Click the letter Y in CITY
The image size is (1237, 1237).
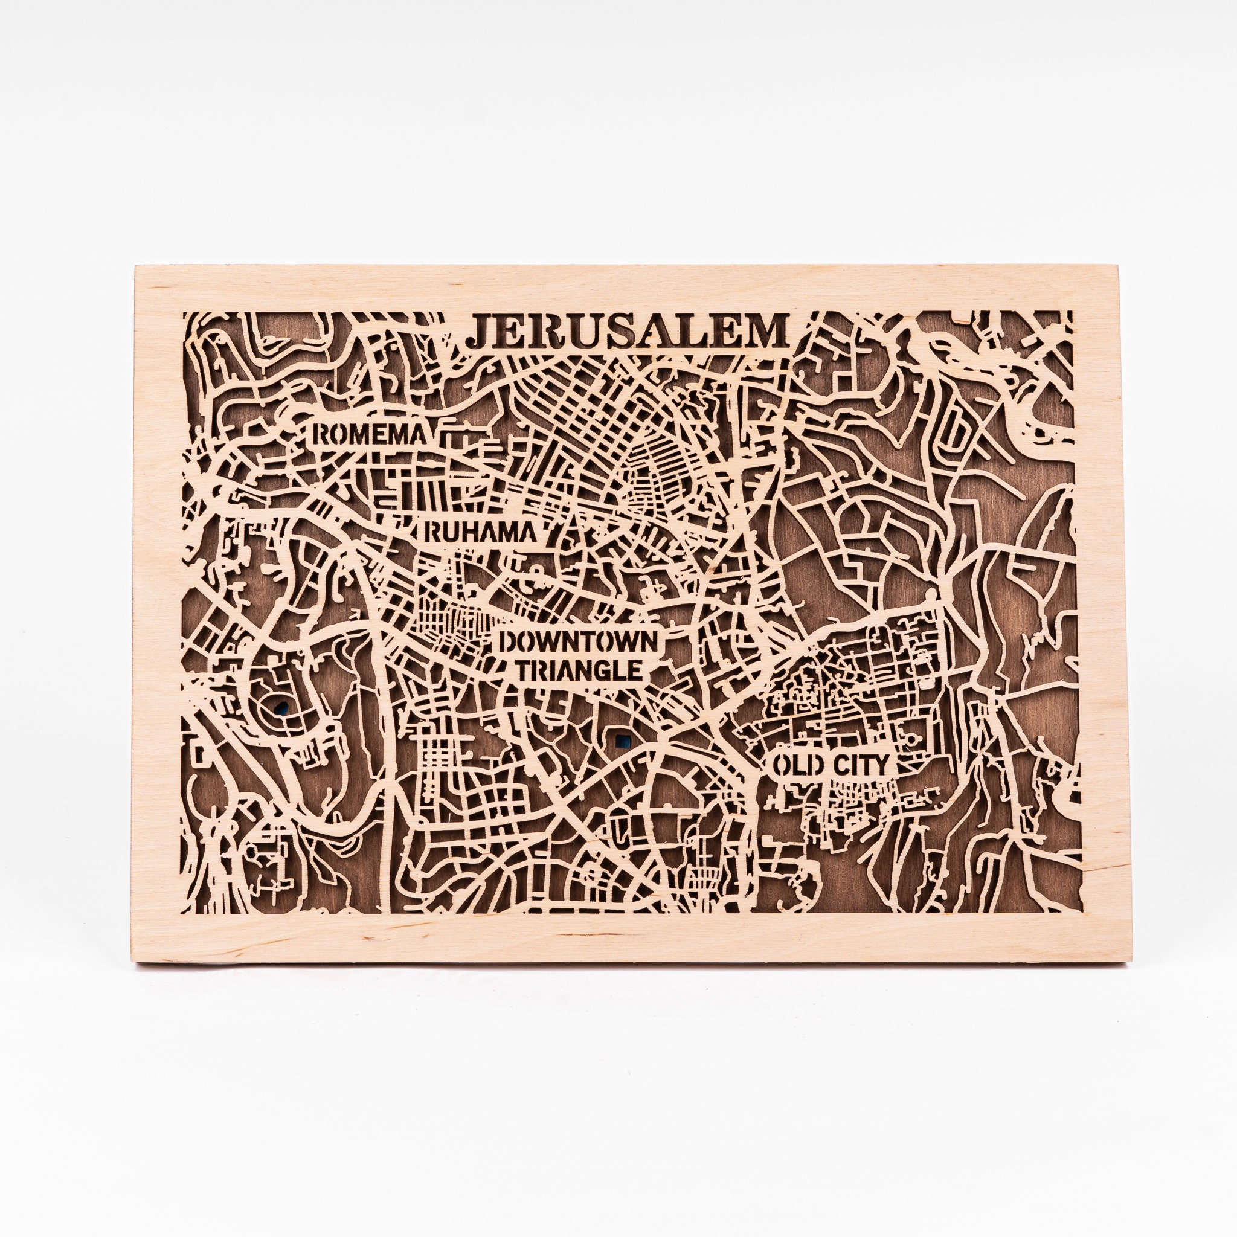[x=881, y=765]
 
